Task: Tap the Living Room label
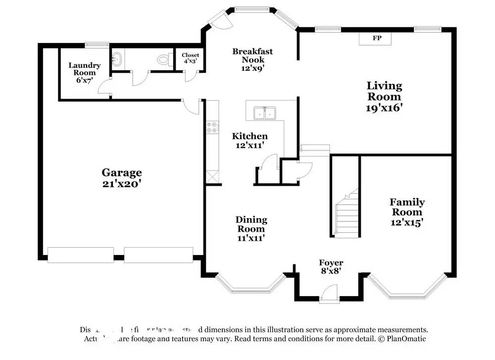(384, 97)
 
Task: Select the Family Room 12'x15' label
(407, 212)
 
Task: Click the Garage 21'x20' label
(122, 178)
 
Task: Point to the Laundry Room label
(84, 72)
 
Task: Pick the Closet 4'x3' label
(190, 58)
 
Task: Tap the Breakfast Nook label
(252, 59)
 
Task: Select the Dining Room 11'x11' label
(251, 228)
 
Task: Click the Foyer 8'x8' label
(331, 267)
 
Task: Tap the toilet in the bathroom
(163, 60)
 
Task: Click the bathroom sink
(117, 60)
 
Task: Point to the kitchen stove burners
(212, 127)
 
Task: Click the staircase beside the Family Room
(346, 213)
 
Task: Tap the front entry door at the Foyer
(329, 295)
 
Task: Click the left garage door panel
(80, 255)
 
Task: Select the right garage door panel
(158, 255)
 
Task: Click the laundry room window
(97, 45)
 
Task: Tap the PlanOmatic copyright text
(402, 339)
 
